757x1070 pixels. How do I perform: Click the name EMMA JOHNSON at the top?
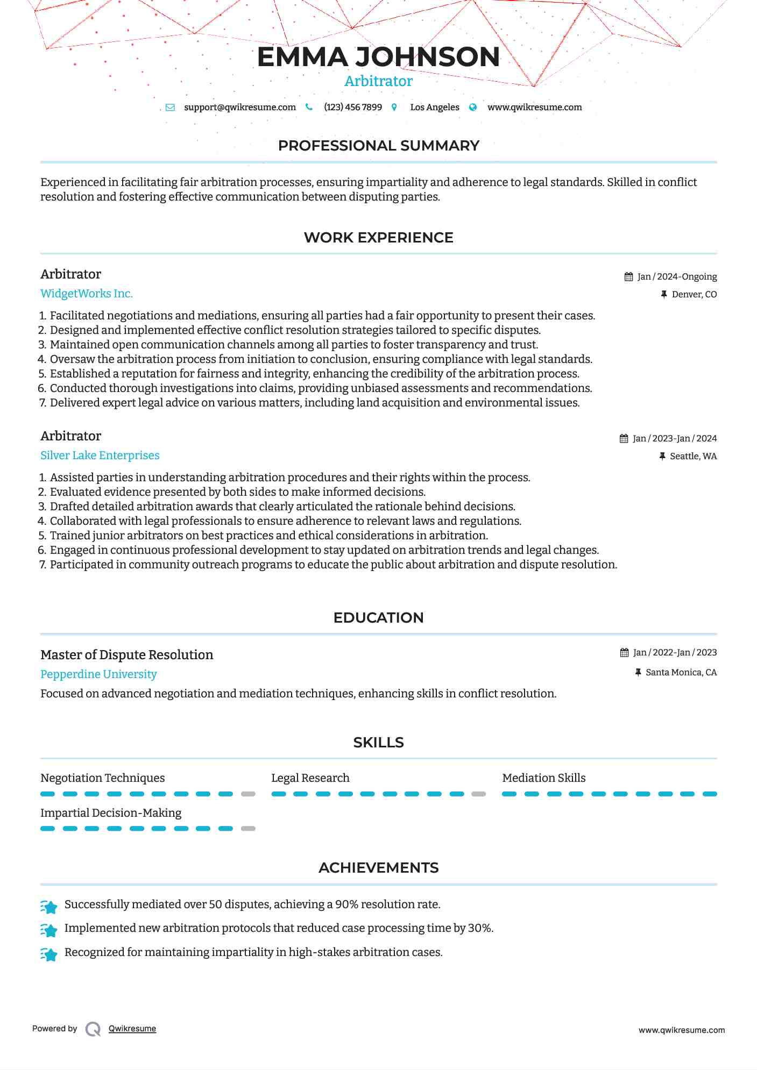378,57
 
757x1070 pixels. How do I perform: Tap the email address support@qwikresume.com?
239,107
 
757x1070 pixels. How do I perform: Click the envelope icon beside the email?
170,107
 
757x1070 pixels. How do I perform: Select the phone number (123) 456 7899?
352,107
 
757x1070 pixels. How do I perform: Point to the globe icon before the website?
473,107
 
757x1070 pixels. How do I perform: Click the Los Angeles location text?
434,107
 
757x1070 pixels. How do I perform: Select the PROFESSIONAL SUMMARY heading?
378,146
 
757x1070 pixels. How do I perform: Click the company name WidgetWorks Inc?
87,294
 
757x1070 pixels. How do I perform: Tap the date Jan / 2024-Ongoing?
676,276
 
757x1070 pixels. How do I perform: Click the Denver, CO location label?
694,294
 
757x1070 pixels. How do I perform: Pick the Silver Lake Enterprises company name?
100,455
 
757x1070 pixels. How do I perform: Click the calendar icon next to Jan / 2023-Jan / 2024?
624,438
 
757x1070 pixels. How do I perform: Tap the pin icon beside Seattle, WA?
662,456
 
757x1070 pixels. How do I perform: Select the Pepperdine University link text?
98,674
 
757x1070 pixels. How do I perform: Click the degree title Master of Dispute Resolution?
126,655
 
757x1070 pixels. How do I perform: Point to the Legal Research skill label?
310,778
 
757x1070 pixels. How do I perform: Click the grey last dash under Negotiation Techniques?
248,794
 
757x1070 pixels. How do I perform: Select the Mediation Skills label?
543,778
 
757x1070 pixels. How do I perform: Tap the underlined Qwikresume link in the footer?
132,1029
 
